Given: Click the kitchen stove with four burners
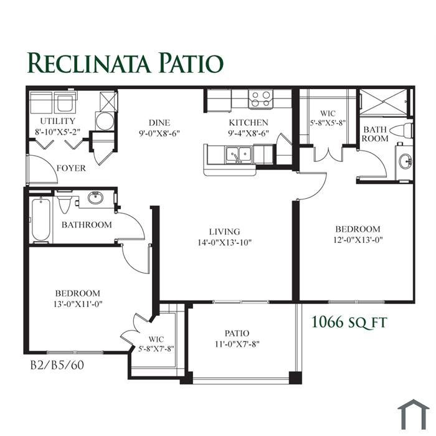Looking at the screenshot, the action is pos(261,99).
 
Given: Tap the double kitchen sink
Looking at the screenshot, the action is pos(239,154).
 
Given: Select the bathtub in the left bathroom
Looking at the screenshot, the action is pos(41,219).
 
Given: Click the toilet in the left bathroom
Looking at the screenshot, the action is pos(65,201).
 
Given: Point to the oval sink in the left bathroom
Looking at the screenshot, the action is pos(96,197).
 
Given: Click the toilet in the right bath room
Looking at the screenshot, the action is pos(402,130).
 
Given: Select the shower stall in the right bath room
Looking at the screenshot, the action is pos(384,102).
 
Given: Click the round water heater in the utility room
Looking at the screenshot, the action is pos(105,121).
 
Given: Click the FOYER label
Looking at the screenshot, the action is pos(71,168).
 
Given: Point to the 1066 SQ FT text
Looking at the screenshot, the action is pos(349,322).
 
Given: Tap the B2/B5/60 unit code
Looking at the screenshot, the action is pos(57,365).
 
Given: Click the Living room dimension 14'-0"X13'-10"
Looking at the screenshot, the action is pos(224,243).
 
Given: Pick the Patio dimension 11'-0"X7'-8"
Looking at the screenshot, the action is pos(237,344).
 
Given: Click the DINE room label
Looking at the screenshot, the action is pos(159,123).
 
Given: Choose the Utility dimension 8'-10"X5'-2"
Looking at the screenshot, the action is pos(57,132).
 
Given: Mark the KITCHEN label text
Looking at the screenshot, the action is pos(249,123).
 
